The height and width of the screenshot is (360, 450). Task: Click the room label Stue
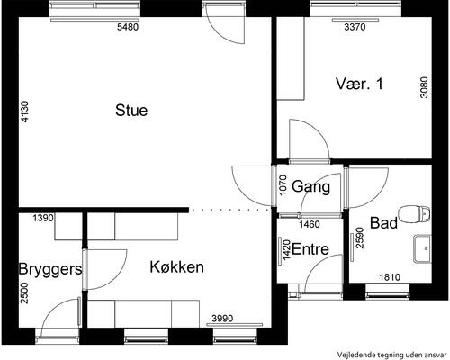[x=131, y=111]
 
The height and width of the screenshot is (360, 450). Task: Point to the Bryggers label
[x=50, y=269]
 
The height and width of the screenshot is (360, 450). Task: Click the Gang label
[x=311, y=187]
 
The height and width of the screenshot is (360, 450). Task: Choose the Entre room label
[x=310, y=249]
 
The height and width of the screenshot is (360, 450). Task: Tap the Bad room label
[x=384, y=222]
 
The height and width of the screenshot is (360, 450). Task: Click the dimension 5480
[x=130, y=28]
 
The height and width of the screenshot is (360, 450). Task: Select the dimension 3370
[x=357, y=28]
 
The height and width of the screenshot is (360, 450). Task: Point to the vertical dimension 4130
[x=25, y=112]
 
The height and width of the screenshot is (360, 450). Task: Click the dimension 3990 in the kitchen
[x=224, y=319]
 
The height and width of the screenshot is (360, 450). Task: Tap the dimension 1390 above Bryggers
[x=44, y=219]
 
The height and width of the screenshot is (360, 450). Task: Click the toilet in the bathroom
[x=415, y=213]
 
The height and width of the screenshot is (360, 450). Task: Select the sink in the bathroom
[x=420, y=248]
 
